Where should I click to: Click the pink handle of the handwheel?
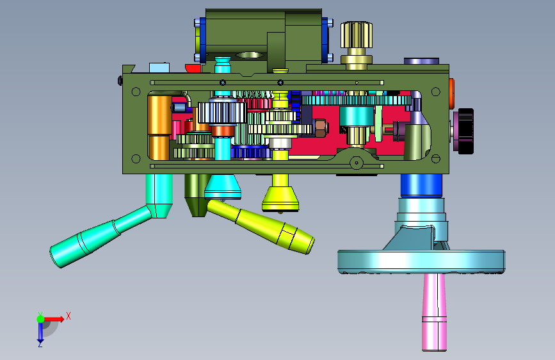434,312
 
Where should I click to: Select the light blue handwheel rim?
421,261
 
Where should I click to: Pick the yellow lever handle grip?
261,227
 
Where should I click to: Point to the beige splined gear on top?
357,35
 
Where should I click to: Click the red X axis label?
68,316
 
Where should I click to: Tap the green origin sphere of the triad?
41,319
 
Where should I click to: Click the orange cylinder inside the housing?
159,126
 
